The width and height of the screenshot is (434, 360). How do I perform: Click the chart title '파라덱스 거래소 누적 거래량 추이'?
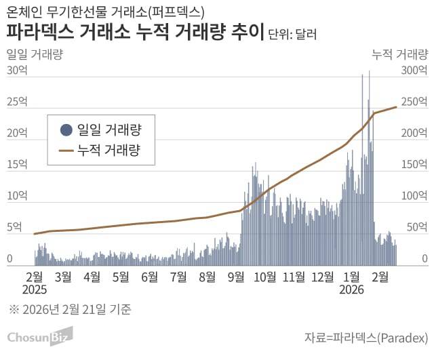click(135, 32)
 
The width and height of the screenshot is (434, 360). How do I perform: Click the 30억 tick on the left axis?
click(17, 70)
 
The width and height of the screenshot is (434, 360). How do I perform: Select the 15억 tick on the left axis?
click(17, 164)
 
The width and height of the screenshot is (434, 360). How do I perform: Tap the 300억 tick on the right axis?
click(414, 70)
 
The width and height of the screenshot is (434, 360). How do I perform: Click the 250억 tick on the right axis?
click(414, 102)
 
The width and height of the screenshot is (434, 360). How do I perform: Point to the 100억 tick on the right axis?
click(414, 196)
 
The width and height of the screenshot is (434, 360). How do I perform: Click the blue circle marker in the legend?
click(66, 129)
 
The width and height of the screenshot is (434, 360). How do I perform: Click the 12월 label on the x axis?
click(323, 277)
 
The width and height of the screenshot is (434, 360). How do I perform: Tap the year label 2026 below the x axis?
click(353, 289)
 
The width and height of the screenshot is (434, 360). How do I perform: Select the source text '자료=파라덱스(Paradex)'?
click(366, 338)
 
